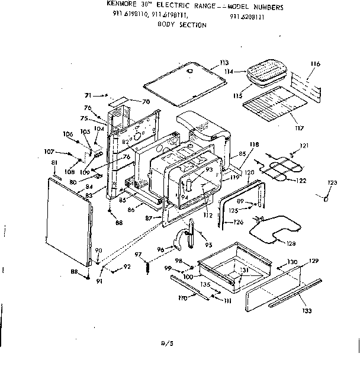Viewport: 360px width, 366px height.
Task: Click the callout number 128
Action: (x=291, y=243)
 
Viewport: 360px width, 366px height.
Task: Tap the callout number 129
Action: (x=314, y=261)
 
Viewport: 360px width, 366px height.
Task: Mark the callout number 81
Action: (x=54, y=162)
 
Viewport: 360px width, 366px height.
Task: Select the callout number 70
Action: (x=145, y=101)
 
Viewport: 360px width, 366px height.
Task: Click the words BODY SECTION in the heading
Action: (x=182, y=25)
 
